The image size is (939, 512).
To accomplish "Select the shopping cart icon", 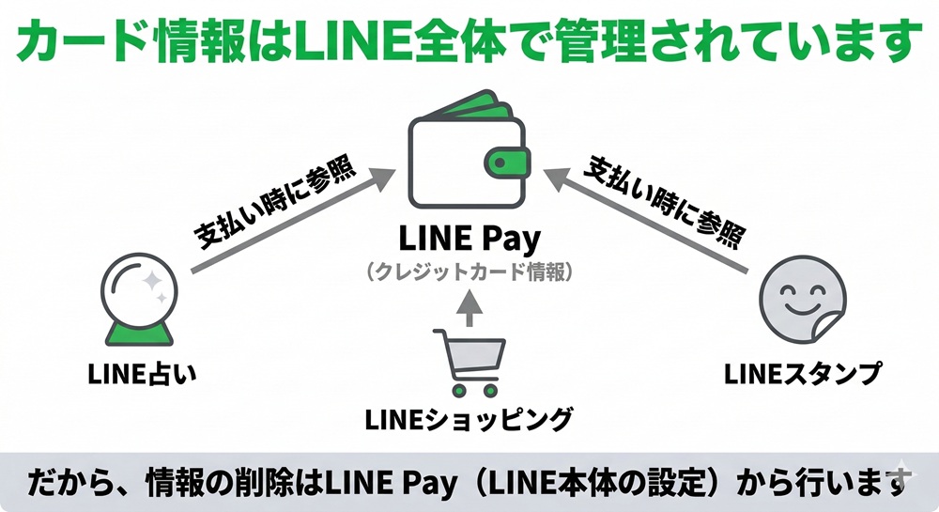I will (469, 361).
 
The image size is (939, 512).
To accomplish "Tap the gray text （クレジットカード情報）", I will (469, 272).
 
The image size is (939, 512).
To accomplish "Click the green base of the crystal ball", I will (140, 333).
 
